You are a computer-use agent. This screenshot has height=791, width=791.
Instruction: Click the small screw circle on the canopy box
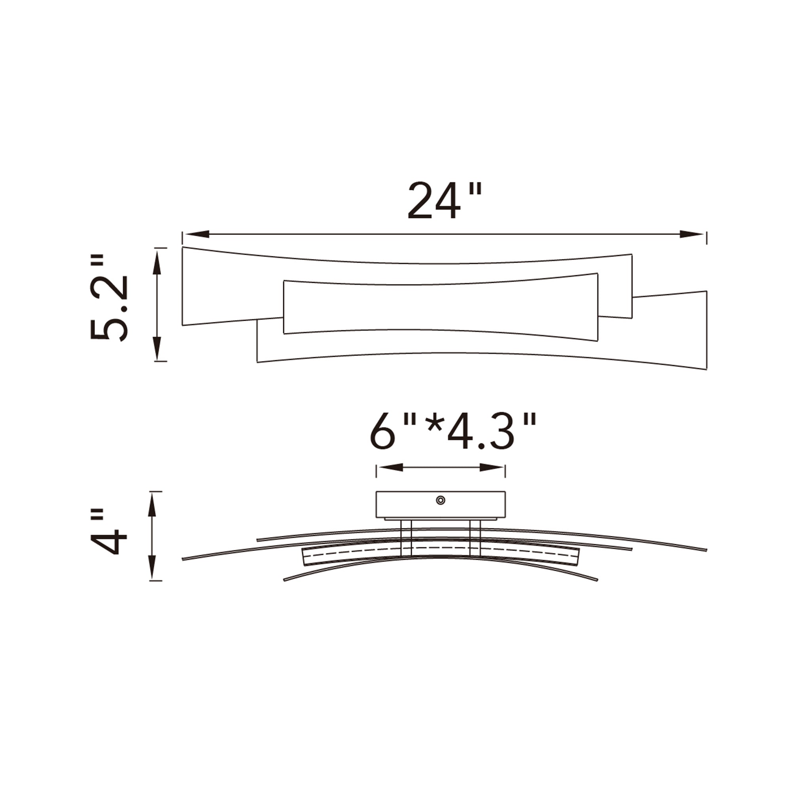coord(441,500)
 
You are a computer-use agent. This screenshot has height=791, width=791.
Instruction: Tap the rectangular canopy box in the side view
coord(409,504)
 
